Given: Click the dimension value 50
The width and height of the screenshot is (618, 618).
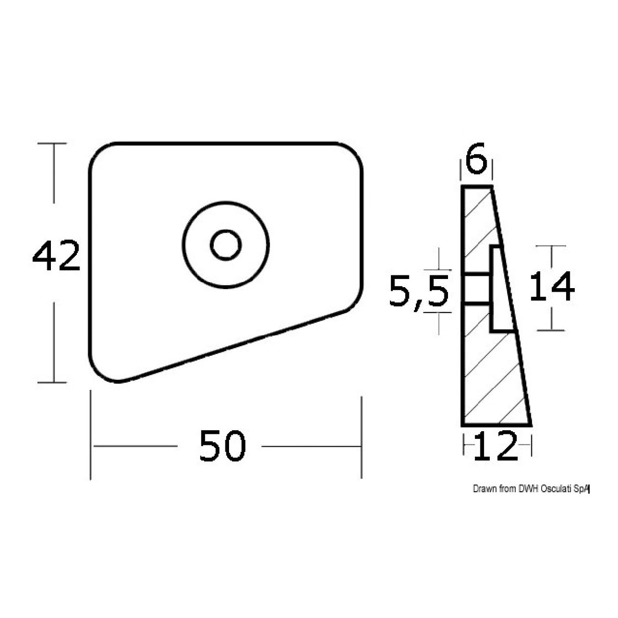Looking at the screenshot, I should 222,446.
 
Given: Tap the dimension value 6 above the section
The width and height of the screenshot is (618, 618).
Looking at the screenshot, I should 476,162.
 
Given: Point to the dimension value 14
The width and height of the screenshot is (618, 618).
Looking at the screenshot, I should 552,287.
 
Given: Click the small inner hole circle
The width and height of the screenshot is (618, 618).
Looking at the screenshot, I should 226,245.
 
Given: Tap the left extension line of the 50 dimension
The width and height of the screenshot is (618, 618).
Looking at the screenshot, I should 91,433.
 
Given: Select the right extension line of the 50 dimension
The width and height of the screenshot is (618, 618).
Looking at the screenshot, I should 361,433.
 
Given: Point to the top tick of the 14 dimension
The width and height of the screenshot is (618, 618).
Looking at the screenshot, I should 551,246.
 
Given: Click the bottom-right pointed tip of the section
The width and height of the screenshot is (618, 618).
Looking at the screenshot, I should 530,424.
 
